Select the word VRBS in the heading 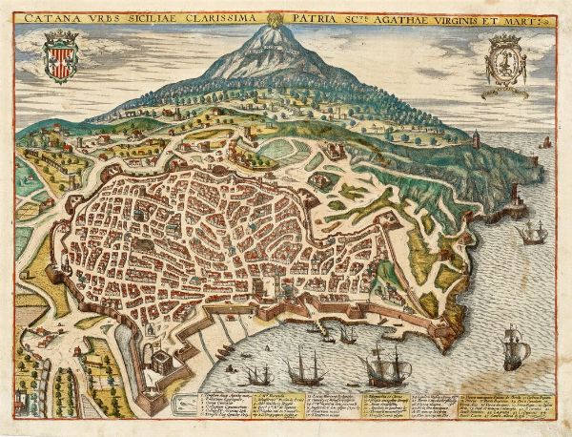(98, 17)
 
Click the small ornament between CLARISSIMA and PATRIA (273, 17)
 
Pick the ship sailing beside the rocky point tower (531, 232)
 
